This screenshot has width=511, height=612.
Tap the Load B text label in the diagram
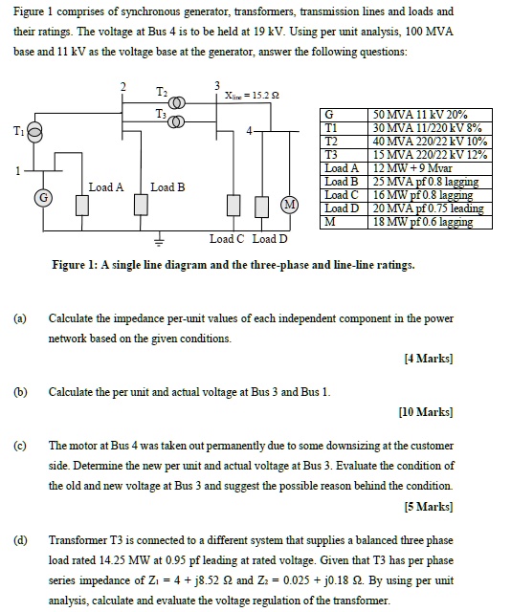pyautogui.click(x=167, y=187)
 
